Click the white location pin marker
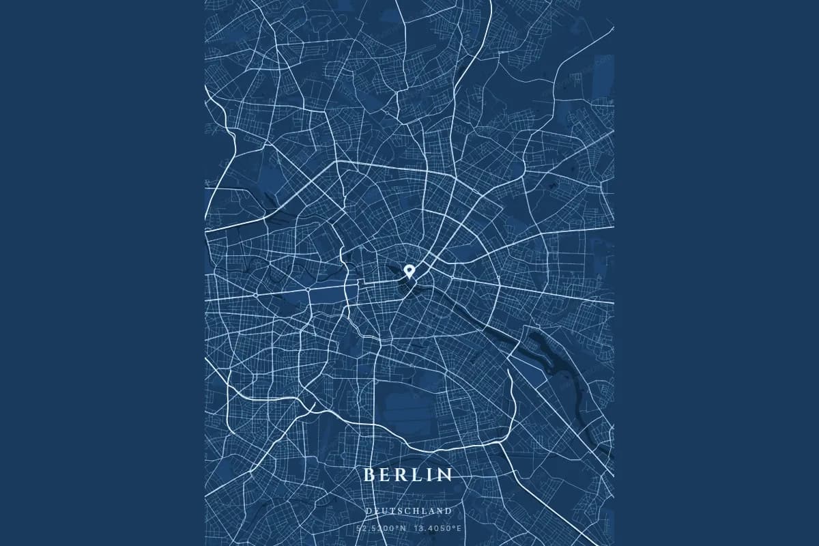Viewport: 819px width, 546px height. [409, 270]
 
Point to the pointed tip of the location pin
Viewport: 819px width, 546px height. [409, 276]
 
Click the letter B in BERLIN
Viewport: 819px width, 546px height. [369, 474]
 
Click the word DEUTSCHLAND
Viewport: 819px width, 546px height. [409, 511]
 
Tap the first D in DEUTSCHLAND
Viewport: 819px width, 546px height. [369, 511]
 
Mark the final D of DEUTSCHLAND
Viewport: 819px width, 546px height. [448, 511]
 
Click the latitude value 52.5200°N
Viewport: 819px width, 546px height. [381, 528]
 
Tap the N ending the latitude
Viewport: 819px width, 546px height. [403, 528]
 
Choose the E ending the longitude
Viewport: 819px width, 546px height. [459, 528]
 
